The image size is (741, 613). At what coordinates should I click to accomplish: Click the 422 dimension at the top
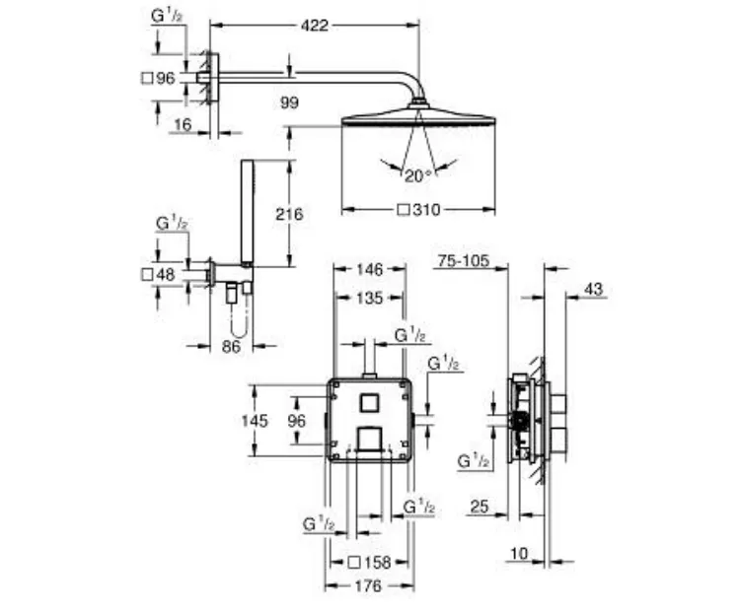(315, 25)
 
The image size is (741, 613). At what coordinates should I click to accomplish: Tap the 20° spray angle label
(418, 176)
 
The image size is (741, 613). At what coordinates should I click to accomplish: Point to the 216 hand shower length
(289, 214)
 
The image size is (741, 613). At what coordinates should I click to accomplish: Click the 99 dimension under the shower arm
(289, 102)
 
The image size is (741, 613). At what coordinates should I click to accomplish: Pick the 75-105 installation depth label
(463, 260)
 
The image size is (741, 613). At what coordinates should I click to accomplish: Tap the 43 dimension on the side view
(594, 289)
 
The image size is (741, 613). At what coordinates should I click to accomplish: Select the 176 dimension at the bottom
(368, 585)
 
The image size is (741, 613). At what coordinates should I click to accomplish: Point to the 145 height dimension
(255, 421)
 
